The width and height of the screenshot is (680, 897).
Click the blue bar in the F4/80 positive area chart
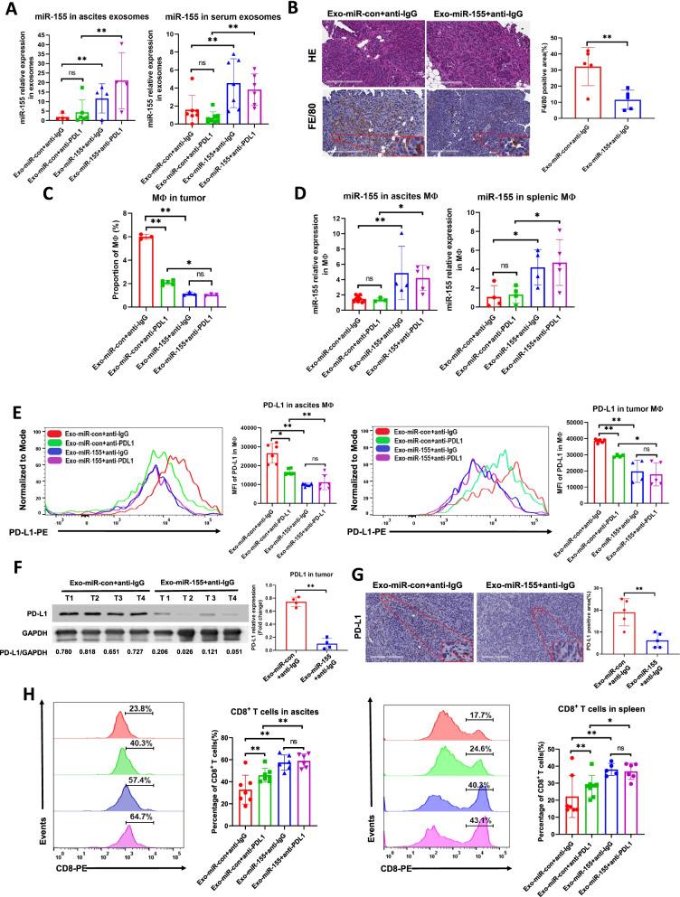click(x=621, y=107)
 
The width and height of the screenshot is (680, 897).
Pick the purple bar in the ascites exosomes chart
click(x=144, y=101)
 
